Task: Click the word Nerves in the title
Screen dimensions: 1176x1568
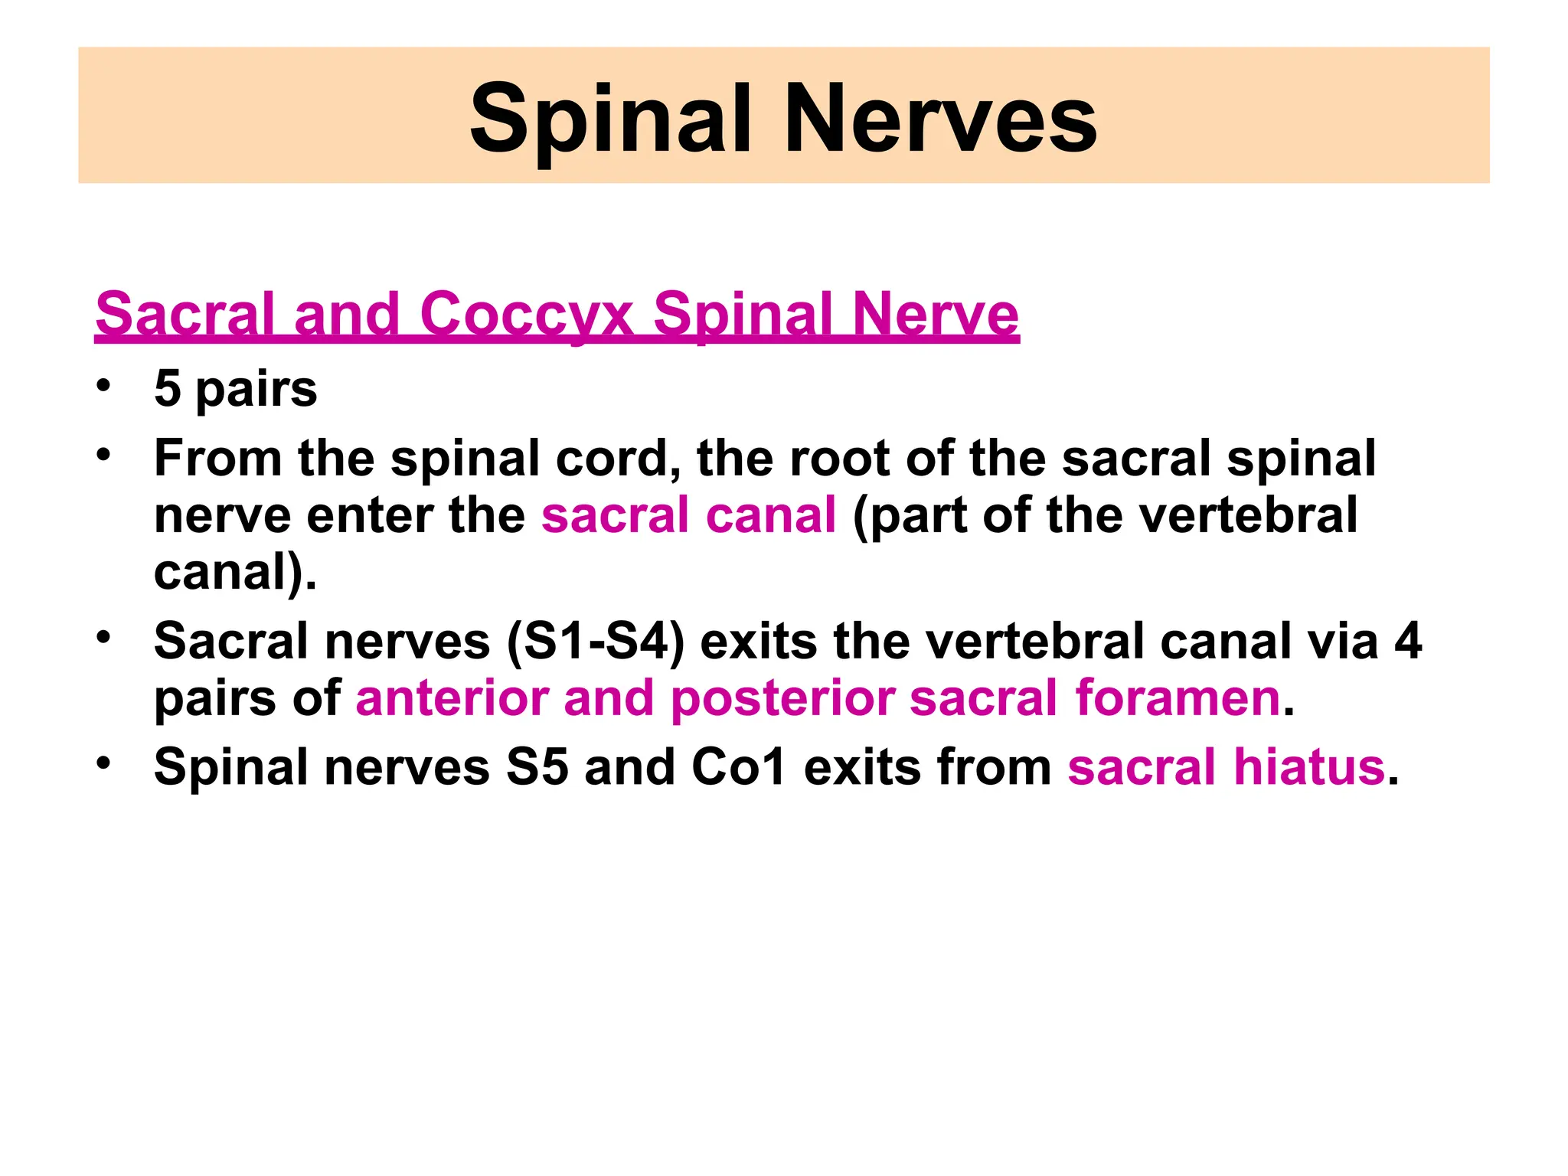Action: (x=940, y=120)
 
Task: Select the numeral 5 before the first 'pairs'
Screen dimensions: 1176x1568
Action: (x=168, y=388)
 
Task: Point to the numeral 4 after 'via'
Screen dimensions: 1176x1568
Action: (x=1408, y=641)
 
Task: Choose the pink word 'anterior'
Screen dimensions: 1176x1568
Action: (x=452, y=698)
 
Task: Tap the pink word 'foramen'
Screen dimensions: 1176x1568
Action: (x=1178, y=698)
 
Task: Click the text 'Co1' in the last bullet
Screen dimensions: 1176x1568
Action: (x=739, y=767)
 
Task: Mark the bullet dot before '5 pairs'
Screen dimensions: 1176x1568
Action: (x=104, y=384)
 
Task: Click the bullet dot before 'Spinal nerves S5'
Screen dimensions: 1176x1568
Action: (x=104, y=763)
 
